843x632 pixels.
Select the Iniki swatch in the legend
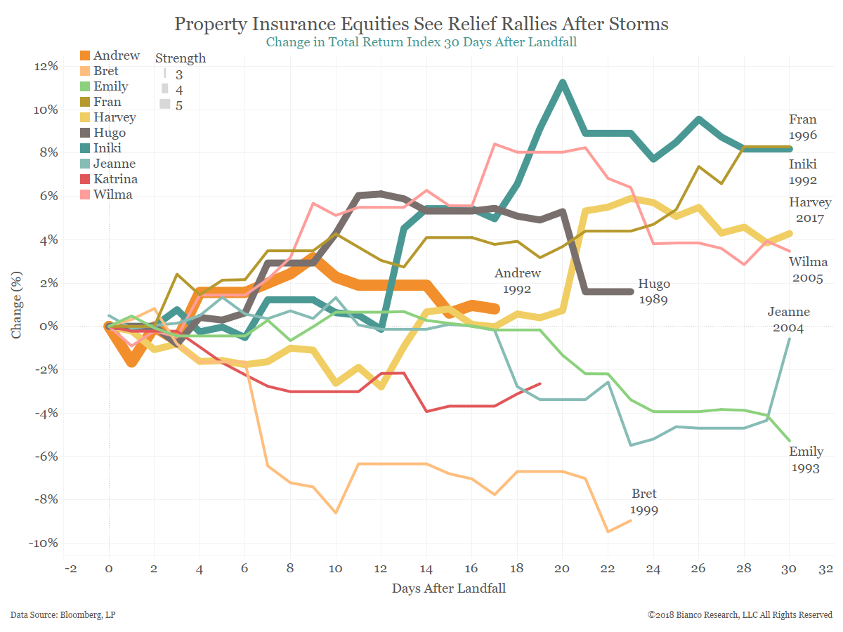coord(85,148)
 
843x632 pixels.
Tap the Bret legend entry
coord(105,71)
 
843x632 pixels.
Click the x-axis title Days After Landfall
coord(448,588)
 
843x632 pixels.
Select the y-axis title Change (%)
coord(17,305)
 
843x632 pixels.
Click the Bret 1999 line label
coord(643,501)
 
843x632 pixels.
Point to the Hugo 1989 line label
coord(654,291)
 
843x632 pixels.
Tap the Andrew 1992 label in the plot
coord(512,280)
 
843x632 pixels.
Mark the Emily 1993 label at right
coord(805,459)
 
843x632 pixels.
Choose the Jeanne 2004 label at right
coord(788,320)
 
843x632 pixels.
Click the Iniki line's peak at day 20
coord(563,83)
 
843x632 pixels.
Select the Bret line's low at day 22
coord(608,532)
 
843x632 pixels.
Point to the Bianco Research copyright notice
coord(740,615)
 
